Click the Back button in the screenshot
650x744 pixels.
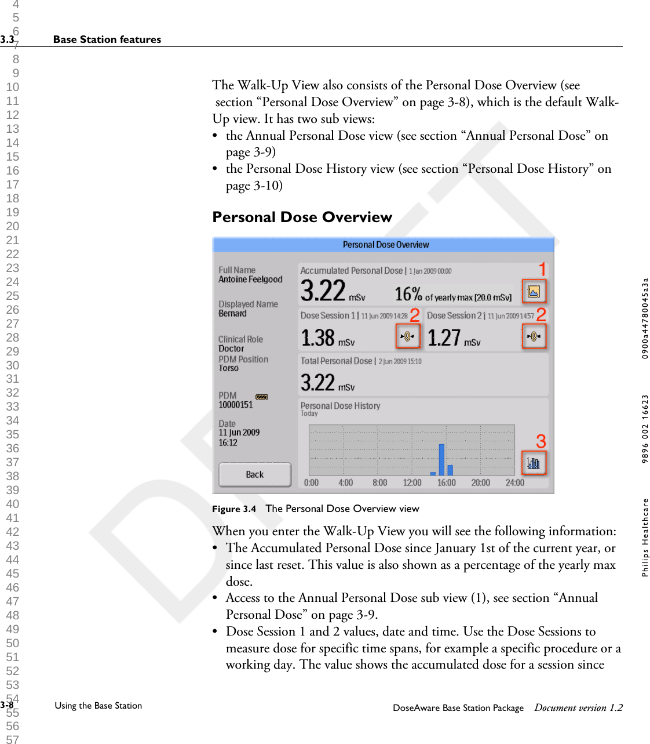point(254,474)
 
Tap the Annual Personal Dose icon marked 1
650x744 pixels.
point(534,291)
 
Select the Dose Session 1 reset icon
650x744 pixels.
point(407,336)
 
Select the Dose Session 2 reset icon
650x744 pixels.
point(534,336)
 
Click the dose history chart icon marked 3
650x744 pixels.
point(533,463)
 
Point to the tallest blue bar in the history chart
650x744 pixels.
point(441,459)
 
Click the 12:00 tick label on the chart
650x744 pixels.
point(412,482)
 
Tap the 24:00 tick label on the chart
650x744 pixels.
point(514,482)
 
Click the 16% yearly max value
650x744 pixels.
point(408,295)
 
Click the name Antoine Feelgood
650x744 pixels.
point(250,280)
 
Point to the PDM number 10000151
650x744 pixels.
point(236,405)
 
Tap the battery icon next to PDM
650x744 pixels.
point(261,397)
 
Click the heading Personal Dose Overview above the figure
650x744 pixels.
point(302,217)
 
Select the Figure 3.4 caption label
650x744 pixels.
point(233,509)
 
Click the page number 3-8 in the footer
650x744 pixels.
point(7,705)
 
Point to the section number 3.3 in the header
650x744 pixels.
point(7,39)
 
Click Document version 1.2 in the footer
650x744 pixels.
point(578,707)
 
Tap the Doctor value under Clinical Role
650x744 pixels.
point(231,349)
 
